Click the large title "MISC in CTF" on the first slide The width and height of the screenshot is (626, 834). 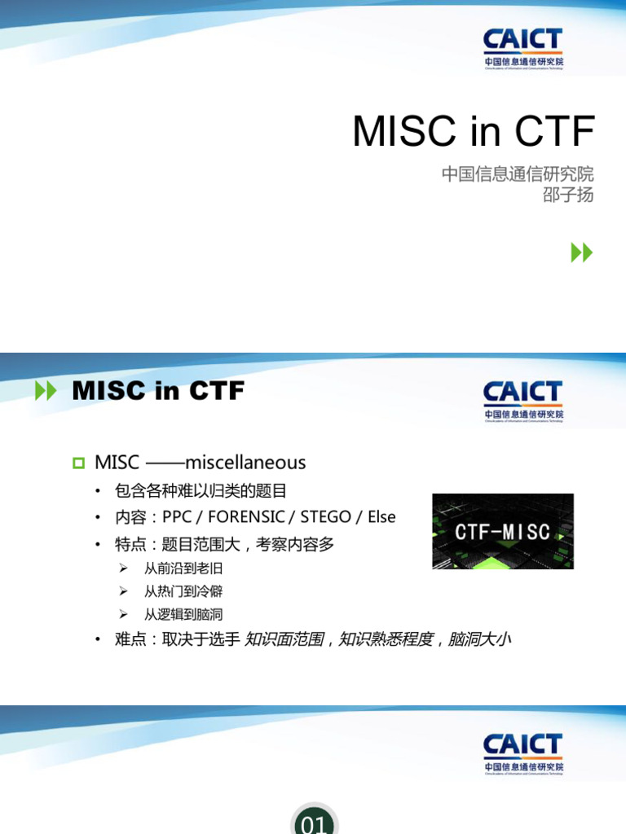(x=474, y=131)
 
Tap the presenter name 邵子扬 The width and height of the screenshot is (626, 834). (x=568, y=195)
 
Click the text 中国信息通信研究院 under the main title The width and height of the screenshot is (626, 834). (x=518, y=174)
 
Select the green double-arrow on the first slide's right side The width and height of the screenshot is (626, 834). (x=581, y=253)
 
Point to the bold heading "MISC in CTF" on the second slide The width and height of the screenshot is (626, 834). (x=158, y=391)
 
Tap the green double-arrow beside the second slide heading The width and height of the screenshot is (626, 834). (x=46, y=392)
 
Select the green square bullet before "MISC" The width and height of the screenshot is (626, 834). (x=78, y=463)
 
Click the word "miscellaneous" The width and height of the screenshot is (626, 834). (x=245, y=463)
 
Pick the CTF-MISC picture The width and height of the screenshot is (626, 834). (x=502, y=531)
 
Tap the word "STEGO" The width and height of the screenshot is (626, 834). (x=325, y=517)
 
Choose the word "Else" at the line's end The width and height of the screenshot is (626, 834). (x=381, y=517)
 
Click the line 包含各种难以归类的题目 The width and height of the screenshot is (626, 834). (x=201, y=491)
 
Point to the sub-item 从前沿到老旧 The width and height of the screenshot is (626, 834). (x=183, y=568)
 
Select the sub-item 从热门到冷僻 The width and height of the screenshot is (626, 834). (x=183, y=591)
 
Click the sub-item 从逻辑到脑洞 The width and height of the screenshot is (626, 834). (x=183, y=614)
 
